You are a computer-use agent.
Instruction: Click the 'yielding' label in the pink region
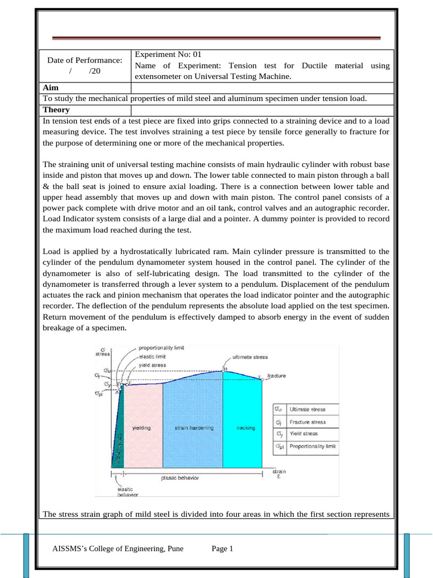tap(142, 428)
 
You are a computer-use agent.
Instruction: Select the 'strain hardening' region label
tap(194, 428)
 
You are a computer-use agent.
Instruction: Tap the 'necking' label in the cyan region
tap(246, 428)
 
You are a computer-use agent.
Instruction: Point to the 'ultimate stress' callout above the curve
tap(250, 357)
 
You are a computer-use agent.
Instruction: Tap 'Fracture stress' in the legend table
tap(307, 422)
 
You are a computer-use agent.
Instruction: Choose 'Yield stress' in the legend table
tap(303, 433)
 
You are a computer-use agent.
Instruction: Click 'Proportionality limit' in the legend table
tap(312, 446)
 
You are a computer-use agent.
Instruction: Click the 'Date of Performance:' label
tap(85, 60)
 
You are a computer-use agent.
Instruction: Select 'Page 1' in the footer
tap(222, 548)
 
